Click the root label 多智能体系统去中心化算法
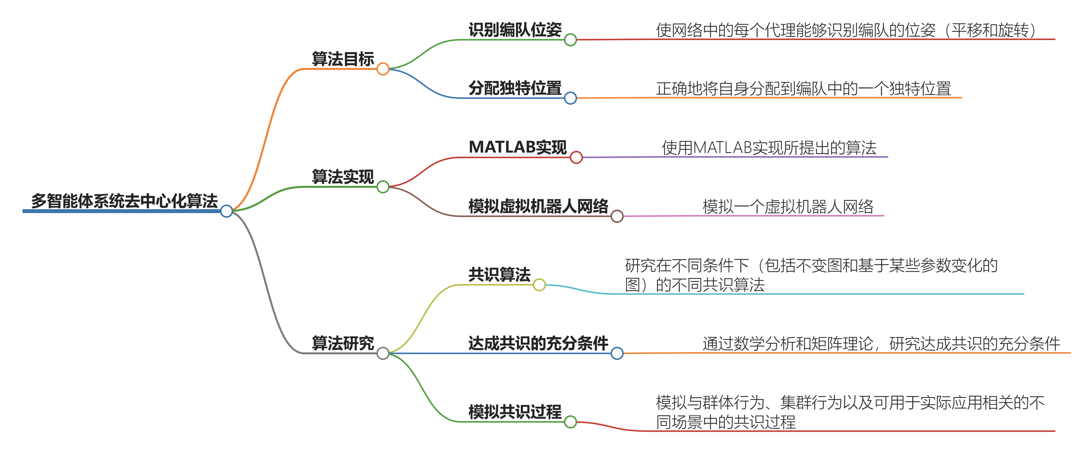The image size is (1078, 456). [124, 201]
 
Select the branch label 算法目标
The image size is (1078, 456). [343, 59]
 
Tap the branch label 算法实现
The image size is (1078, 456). [343, 177]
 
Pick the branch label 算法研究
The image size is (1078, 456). [343, 343]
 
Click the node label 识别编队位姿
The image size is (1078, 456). [515, 30]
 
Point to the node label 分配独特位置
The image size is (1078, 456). [515, 88]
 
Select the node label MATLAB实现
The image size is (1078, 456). [518, 147]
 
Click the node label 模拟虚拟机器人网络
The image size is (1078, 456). [538, 206]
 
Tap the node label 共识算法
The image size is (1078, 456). [499, 275]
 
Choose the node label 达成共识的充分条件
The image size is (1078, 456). [538, 343]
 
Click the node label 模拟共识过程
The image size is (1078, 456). [515, 412]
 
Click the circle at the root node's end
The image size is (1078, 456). [226, 211]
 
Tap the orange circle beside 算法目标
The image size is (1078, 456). [383, 69]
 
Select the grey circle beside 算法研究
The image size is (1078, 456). [383, 353]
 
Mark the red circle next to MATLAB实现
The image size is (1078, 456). [576, 157]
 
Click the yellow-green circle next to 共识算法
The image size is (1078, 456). [539, 285]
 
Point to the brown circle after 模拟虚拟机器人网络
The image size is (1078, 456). [617, 216]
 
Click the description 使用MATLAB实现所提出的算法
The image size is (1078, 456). [769, 148]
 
